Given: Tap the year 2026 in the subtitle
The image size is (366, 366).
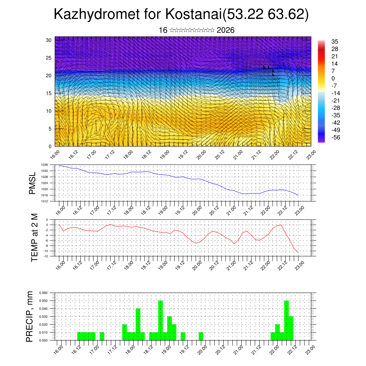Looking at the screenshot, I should click(x=226, y=30).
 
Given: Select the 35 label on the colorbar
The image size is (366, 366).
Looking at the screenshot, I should click(x=335, y=42).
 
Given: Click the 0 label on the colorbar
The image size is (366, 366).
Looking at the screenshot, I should click(x=333, y=78).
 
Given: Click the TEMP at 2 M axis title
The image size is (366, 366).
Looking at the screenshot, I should click(x=34, y=237).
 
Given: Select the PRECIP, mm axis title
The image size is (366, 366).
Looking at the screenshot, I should click(x=30, y=317).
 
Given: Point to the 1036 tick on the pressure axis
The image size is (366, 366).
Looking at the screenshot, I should click(x=45, y=165).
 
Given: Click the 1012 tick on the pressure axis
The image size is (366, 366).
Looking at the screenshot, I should click(x=45, y=201).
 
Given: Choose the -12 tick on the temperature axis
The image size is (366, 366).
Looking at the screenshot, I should click(x=46, y=256).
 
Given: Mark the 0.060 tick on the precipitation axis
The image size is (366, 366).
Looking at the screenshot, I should click(x=43, y=293).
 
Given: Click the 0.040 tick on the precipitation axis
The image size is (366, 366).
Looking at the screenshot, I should click(x=43, y=308).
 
